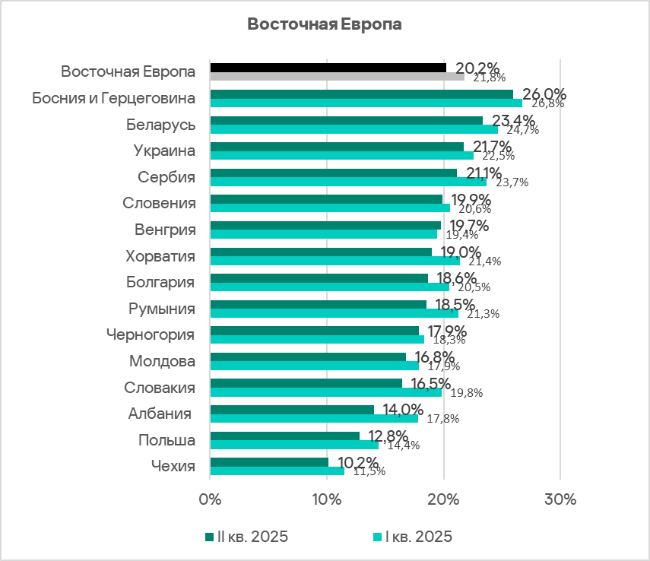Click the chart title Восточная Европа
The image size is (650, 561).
point(325,24)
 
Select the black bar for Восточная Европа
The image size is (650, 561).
point(328,68)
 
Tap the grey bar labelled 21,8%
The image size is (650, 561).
point(337,77)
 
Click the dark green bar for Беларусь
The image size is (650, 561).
point(346,120)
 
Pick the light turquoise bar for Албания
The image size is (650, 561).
point(314,418)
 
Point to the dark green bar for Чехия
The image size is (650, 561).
point(269,461)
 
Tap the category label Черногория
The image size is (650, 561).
point(150,334)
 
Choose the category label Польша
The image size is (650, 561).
point(166,440)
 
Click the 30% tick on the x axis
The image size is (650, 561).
point(560,500)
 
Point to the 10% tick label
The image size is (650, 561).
point(326,500)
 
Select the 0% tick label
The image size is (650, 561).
point(210,500)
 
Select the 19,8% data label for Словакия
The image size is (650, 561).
point(466,393)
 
